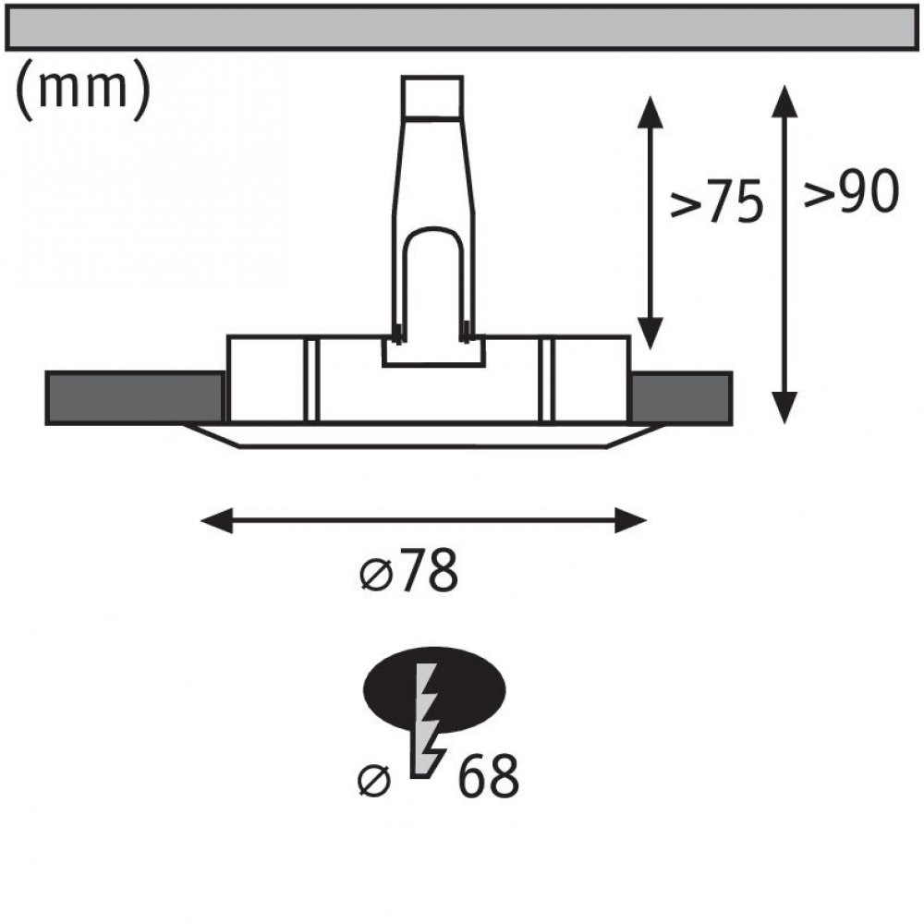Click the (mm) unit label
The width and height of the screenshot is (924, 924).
tap(83, 90)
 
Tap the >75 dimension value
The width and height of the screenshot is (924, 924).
tap(717, 201)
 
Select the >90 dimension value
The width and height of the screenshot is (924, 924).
tap(852, 191)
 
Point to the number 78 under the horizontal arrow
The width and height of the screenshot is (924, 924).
tap(429, 571)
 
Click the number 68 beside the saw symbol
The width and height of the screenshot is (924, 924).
tap(489, 776)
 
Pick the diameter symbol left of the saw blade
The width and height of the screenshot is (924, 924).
tap(374, 781)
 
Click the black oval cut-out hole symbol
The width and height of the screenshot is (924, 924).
tap(434, 689)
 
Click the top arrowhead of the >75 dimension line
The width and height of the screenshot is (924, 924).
tap(650, 112)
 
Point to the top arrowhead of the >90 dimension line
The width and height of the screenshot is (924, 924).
tap(784, 102)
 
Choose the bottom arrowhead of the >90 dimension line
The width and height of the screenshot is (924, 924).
tap(784, 407)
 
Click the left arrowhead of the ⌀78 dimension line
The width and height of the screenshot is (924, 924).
tap(216, 520)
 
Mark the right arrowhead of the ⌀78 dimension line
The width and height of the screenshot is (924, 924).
tap(631, 520)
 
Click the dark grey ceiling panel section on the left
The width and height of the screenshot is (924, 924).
tap(135, 397)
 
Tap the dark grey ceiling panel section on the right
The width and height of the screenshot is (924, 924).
tap(681, 397)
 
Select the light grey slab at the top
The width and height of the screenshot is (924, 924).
tap(462, 27)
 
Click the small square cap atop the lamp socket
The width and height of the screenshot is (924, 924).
tap(432, 98)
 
